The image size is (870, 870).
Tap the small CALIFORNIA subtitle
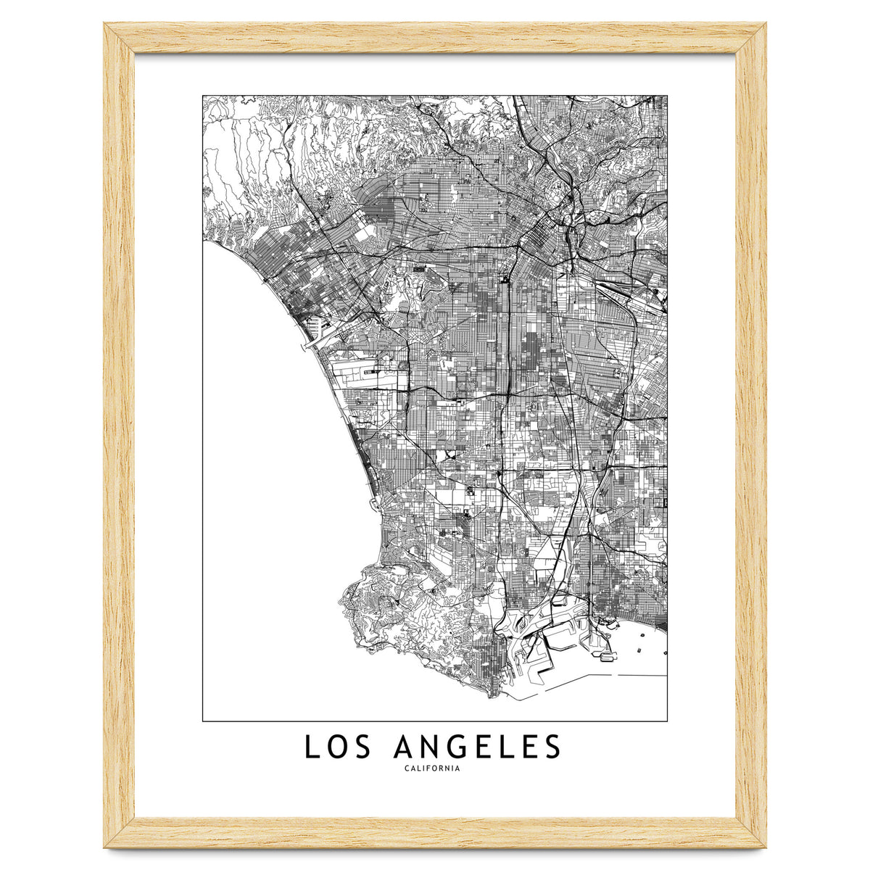434,770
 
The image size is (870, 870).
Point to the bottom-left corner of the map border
203,721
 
